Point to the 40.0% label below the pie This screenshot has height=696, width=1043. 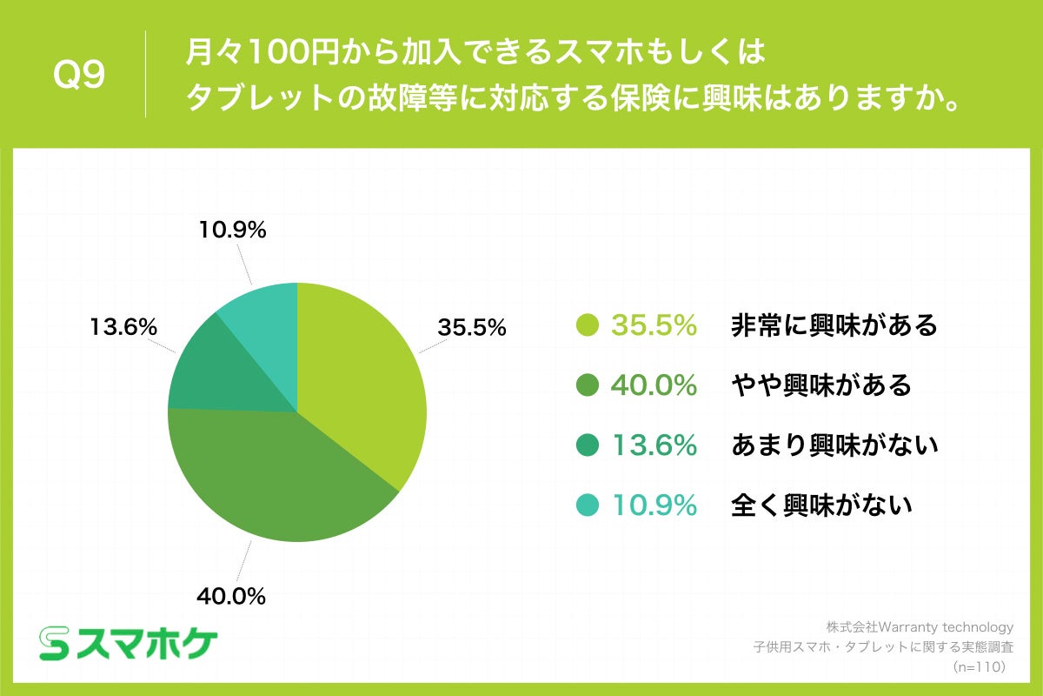point(230,596)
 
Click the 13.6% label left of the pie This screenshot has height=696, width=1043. point(123,328)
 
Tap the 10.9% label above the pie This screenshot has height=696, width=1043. point(230,231)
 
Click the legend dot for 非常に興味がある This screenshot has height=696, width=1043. point(588,325)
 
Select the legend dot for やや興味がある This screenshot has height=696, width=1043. point(588,385)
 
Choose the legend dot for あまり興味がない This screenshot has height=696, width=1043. point(588,445)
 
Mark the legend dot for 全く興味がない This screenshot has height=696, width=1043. point(588,504)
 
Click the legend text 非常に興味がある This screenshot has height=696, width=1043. point(834,325)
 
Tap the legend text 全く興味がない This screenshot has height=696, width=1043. point(821,504)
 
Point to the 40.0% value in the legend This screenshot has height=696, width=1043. point(654,385)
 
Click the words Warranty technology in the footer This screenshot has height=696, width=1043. point(947,626)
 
